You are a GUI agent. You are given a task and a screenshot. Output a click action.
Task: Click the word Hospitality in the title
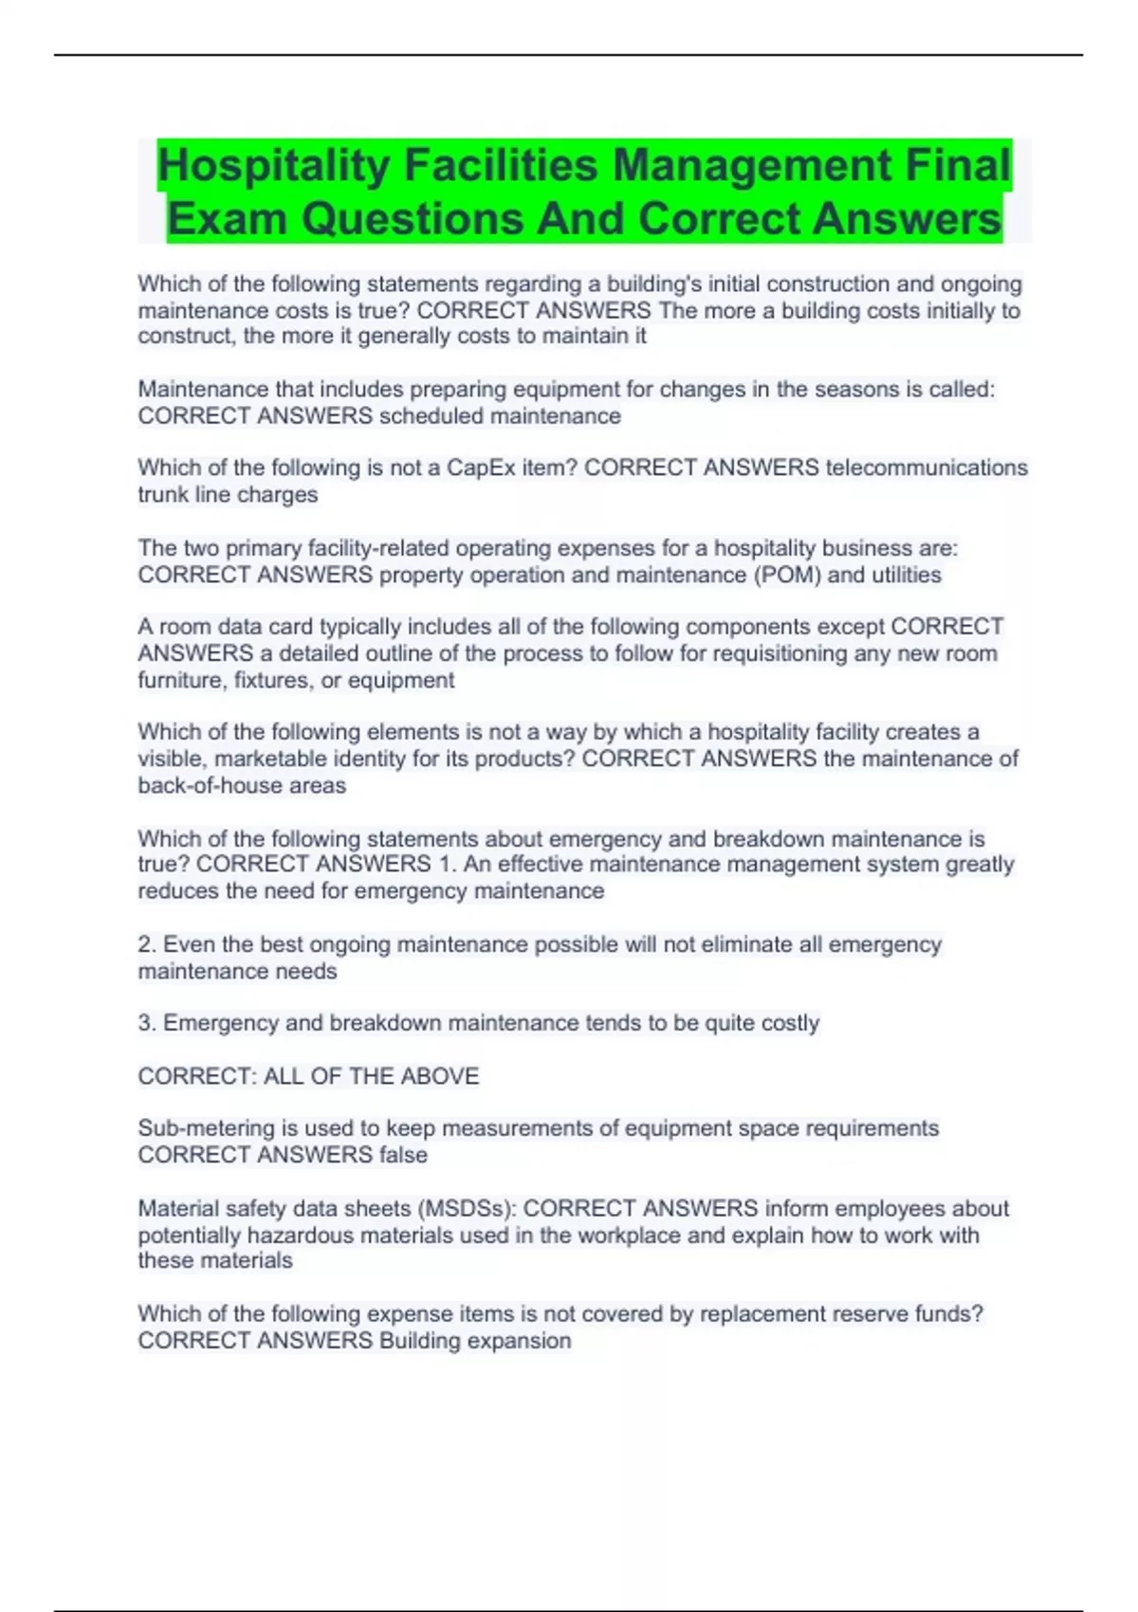274,166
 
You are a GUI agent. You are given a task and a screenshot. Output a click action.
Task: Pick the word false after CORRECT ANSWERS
403,1155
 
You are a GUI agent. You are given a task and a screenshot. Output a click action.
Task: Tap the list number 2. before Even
147,944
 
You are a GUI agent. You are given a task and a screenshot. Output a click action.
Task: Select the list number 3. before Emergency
147,1023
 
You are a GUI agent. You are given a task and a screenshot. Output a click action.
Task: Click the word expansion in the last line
524,1341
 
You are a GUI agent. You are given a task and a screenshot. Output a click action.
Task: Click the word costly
786,1023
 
